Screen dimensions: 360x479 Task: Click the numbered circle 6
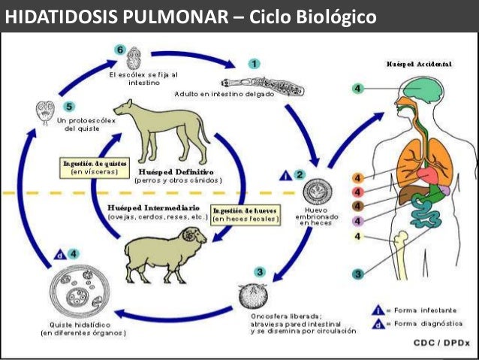119,50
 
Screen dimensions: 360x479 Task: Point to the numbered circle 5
69,107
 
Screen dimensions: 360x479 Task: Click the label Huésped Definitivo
177,172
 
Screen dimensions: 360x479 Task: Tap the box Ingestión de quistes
95,167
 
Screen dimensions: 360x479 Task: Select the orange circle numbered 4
357,177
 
